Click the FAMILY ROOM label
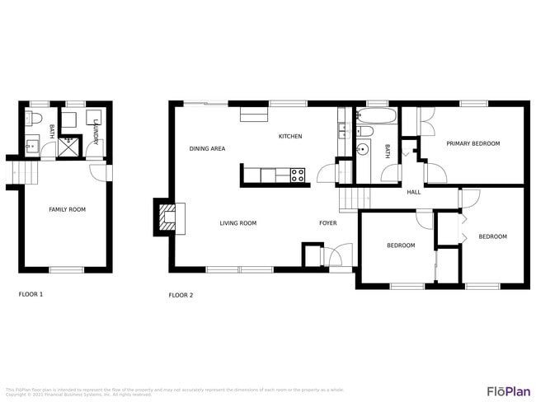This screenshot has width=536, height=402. (x=67, y=210)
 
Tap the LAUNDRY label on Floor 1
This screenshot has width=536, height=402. (x=96, y=133)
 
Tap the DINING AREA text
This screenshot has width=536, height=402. (x=207, y=149)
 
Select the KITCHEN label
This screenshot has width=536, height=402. (x=289, y=137)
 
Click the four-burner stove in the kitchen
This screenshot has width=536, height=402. (x=297, y=175)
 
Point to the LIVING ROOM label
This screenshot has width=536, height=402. (x=237, y=223)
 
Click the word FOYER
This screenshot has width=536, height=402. (x=328, y=223)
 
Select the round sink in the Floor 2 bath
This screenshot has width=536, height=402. (x=363, y=149)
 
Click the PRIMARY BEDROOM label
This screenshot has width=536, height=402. (x=473, y=144)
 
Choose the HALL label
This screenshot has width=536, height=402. (x=413, y=193)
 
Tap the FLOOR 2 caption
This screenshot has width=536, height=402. (x=181, y=295)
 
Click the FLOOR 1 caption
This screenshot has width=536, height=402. (x=31, y=294)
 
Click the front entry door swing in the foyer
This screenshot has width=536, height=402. (x=338, y=256)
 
